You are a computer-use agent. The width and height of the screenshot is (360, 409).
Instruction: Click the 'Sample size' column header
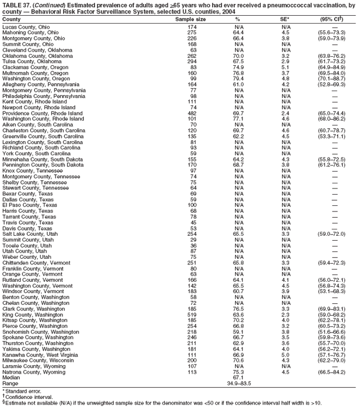tap(191, 20)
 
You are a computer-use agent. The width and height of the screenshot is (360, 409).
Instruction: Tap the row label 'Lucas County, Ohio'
tap(26, 27)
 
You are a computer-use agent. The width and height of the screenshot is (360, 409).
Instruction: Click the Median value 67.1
tap(238, 377)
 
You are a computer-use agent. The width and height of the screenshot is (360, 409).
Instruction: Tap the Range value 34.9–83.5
tap(238, 384)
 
